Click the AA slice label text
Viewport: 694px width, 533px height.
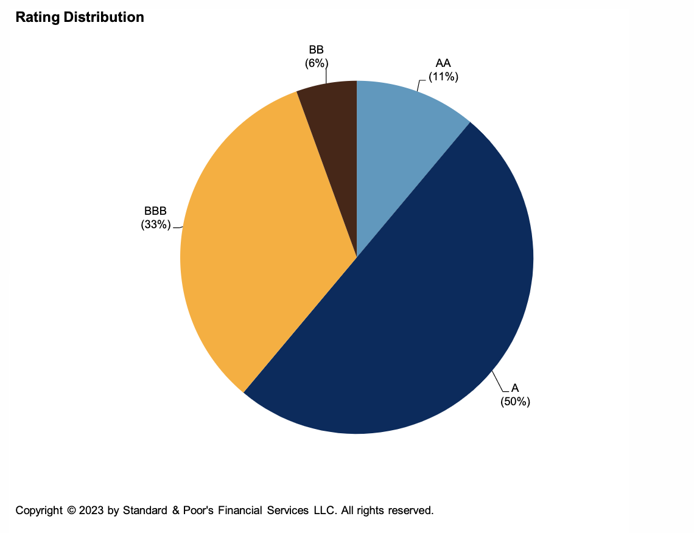(443, 64)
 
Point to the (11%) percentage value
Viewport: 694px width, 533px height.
(443, 77)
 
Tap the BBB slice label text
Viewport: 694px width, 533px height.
(155, 211)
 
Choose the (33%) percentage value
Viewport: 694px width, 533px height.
(155, 224)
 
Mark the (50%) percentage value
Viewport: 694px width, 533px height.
(516, 402)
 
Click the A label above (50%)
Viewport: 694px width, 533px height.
(515, 388)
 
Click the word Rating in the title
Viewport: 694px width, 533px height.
(36, 17)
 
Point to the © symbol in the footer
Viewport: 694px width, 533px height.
(71, 510)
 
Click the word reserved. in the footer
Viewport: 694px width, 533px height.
(410, 510)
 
